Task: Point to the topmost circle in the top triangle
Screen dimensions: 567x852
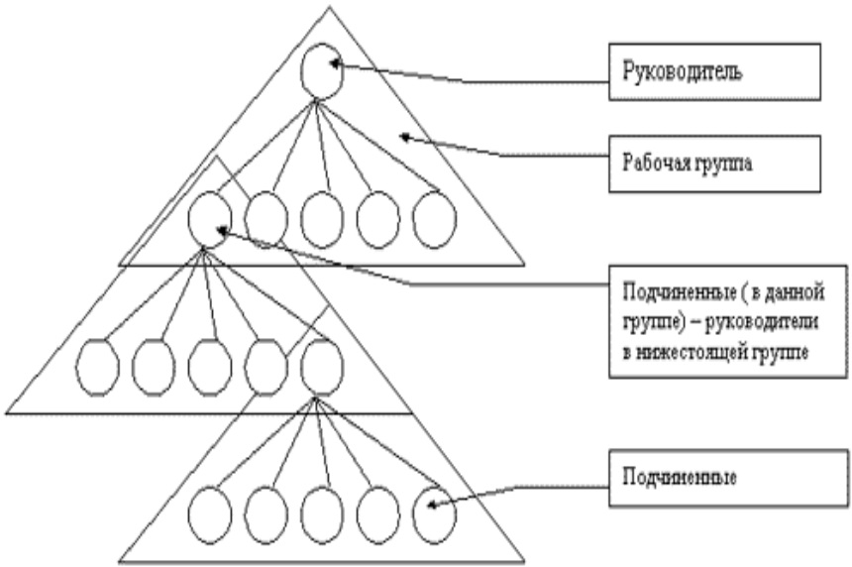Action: click(x=322, y=71)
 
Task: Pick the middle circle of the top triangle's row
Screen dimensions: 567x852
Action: click(x=322, y=219)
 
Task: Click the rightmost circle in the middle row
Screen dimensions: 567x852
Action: click(x=322, y=365)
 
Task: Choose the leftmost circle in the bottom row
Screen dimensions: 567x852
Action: click(x=209, y=512)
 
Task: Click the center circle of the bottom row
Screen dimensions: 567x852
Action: click(x=322, y=512)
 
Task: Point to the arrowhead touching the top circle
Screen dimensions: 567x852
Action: click(x=334, y=63)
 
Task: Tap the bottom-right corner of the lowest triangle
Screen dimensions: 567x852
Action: click(x=522, y=559)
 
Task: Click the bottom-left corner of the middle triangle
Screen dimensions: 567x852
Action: click(x=7, y=411)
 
